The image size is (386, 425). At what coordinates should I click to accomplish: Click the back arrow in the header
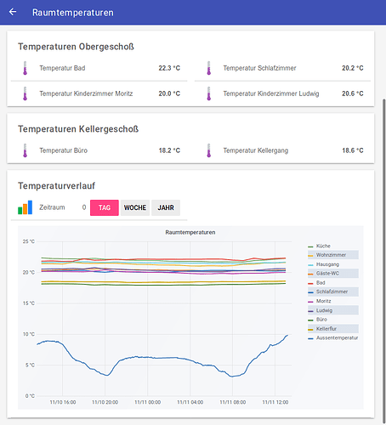[x=13, y=13]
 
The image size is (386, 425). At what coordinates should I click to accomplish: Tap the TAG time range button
[x=105, y=207]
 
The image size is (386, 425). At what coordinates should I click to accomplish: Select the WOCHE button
[x=135, y=207]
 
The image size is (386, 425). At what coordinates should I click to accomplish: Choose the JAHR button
[x=166, y=207]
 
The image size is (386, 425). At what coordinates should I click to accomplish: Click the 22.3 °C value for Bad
[x=169, y=68]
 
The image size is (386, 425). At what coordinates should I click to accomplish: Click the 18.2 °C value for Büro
[x=169, y=150]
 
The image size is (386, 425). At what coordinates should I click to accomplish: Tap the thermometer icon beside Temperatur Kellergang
[x=207, y=150]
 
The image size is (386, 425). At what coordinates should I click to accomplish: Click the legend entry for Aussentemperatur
[x=337, y=337]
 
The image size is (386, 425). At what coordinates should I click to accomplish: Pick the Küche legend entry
[x=324, y=246]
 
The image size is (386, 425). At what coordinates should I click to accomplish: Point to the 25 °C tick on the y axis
[x=28, y=241]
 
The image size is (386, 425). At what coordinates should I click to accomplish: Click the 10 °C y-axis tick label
[x=28, y=334]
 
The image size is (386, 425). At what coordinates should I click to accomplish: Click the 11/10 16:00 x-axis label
[x=63, y=402]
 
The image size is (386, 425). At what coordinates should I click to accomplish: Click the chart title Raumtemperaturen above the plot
[x=190, y=232]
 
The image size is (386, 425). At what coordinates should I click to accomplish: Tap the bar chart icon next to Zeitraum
[x=26, y=207]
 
